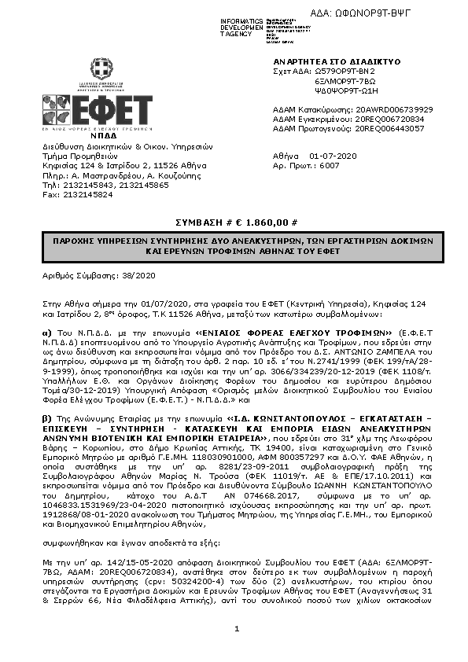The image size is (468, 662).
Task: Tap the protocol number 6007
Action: coord(330,167)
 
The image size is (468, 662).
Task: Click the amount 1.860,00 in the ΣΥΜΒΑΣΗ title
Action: coord(264,223)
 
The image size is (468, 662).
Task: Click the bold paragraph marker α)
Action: coord(46,333)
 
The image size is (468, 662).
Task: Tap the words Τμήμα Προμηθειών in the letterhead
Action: coord(75,156)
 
